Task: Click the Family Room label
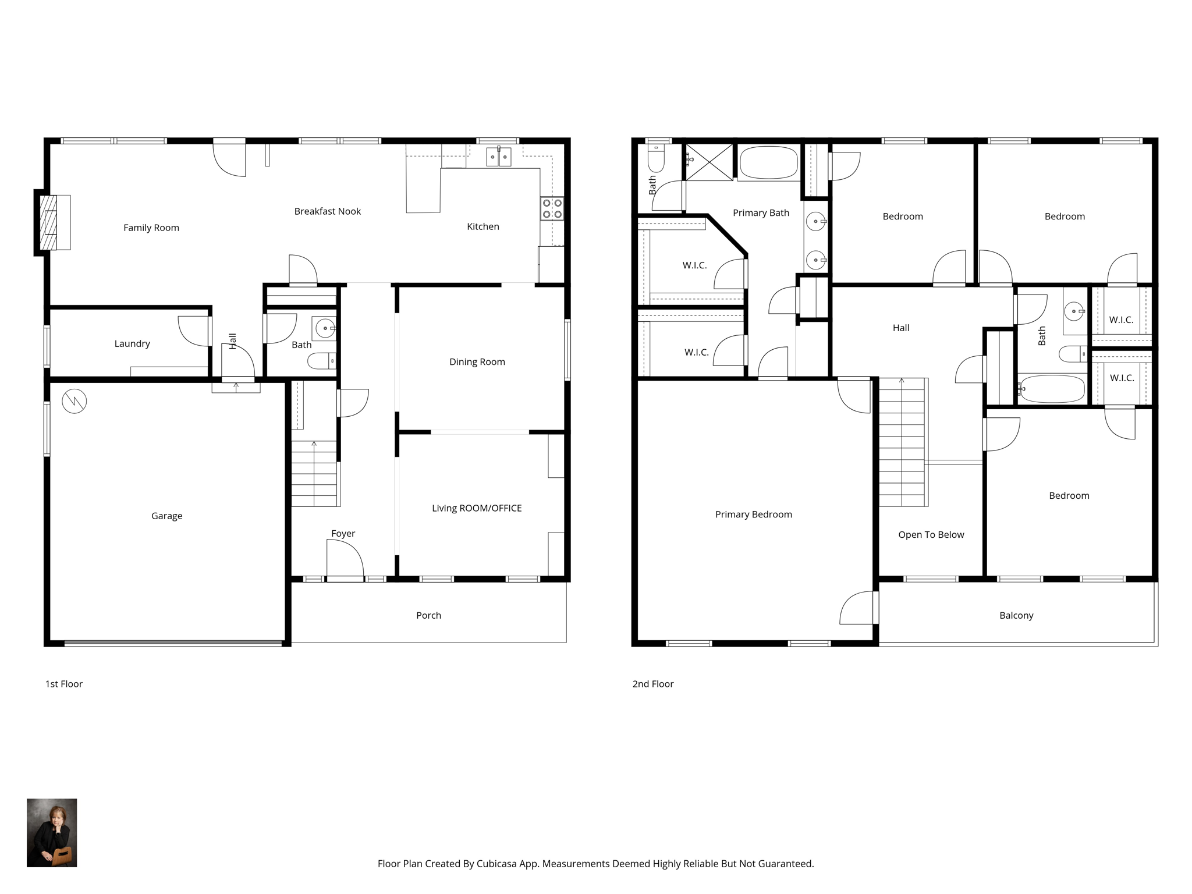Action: click(151, 228)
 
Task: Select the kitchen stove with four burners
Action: click(552, 208)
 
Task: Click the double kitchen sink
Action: click(498, 157)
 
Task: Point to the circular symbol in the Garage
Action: click(74, 400)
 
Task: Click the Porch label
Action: click(429, 615)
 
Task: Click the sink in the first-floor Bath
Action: click(325, 328)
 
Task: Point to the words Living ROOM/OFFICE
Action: click(477, 508)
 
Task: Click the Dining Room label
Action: click(477, 361)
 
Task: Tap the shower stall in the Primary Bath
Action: click(709, 162)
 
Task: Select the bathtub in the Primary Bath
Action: click(769, 162)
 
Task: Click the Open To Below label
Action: click(931, 535)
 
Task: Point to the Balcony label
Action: click(1016, 615)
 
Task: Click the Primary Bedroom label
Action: click(754, 515)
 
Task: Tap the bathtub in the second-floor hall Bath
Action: click(1052, 388)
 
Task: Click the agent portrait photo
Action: click(52, 832)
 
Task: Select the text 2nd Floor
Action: click(653, 684)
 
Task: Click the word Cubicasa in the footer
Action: click(498, 864)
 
